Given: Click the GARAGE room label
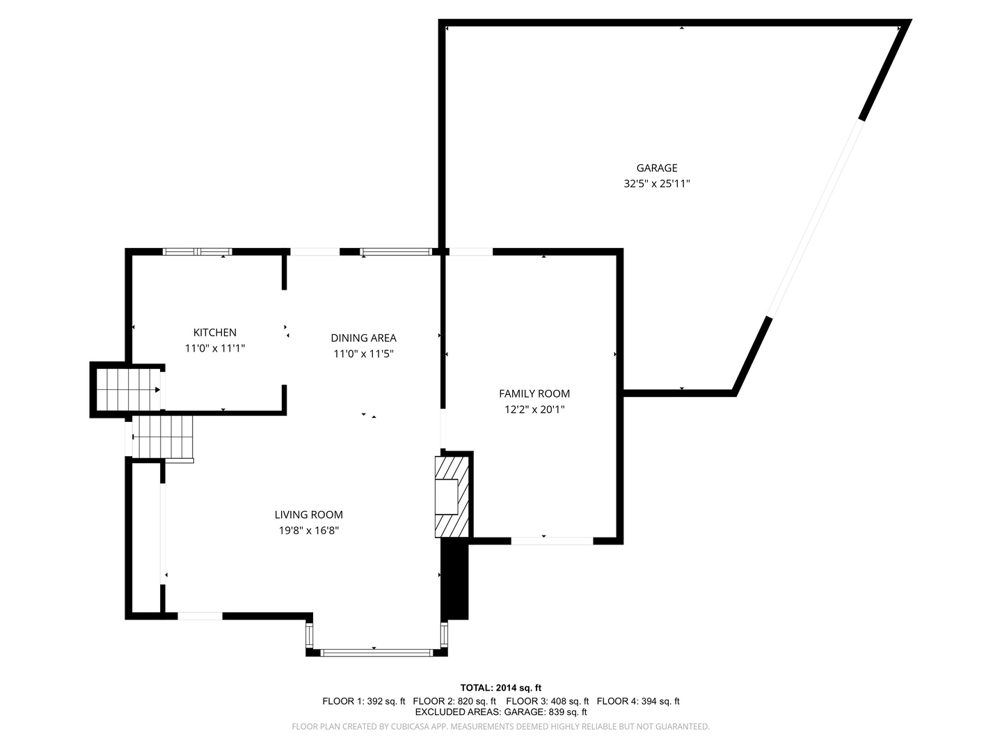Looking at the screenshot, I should click(656, 168).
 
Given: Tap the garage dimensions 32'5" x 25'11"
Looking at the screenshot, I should click(656, 184).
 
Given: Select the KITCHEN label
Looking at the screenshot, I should click(214, 333).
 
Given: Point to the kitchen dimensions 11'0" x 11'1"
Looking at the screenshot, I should click(214, 348).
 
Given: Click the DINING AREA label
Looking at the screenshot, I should click(363, 338).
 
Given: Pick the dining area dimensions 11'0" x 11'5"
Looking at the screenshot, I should click(363, 354).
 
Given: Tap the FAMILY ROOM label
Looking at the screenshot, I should click(534, 394).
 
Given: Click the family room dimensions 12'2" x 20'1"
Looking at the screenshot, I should click(534, 409).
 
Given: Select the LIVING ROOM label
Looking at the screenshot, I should click(308, 515).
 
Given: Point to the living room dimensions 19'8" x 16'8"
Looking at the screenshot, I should click(308, 531).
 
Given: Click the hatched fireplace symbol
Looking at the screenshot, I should click(453, 496).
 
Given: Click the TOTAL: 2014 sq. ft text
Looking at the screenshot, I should click(500, 688).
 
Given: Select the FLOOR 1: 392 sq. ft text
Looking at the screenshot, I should click(363, 701).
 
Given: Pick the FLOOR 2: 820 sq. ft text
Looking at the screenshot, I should click(454, 701).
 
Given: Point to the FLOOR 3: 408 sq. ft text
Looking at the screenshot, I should click(547, 701).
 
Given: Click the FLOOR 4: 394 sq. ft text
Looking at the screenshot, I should click(638, 701).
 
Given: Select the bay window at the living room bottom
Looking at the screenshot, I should click(376, 652).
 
